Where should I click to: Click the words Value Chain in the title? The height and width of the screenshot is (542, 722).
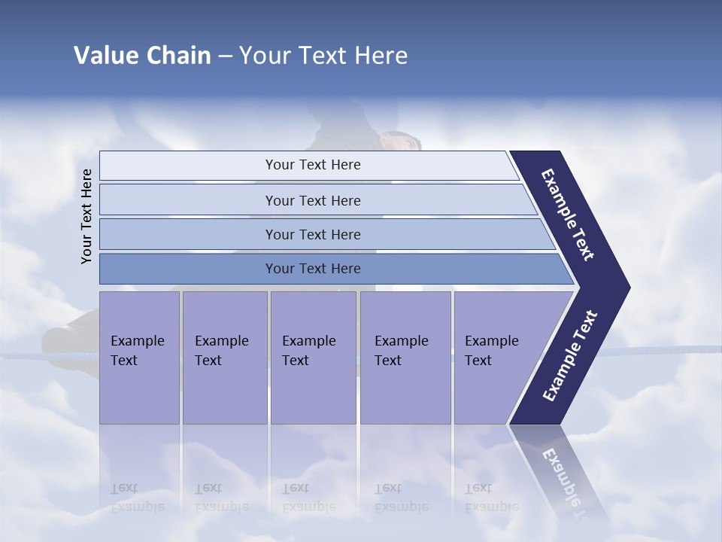(x=142, y=56)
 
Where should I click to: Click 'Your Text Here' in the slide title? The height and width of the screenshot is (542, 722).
(x=323, y=56)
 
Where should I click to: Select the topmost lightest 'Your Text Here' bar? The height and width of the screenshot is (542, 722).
(x=312, y=165)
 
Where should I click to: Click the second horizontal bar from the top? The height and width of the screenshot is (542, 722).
(x=312, y=200)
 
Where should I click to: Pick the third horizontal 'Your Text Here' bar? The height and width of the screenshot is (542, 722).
(x=312, y=234)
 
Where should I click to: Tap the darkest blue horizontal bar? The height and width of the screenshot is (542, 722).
(x=312, y=269)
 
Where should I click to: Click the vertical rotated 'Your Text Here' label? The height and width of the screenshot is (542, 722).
(x=86, y=216)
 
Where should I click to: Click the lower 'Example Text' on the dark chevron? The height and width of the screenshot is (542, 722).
(x=570, y=356)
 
